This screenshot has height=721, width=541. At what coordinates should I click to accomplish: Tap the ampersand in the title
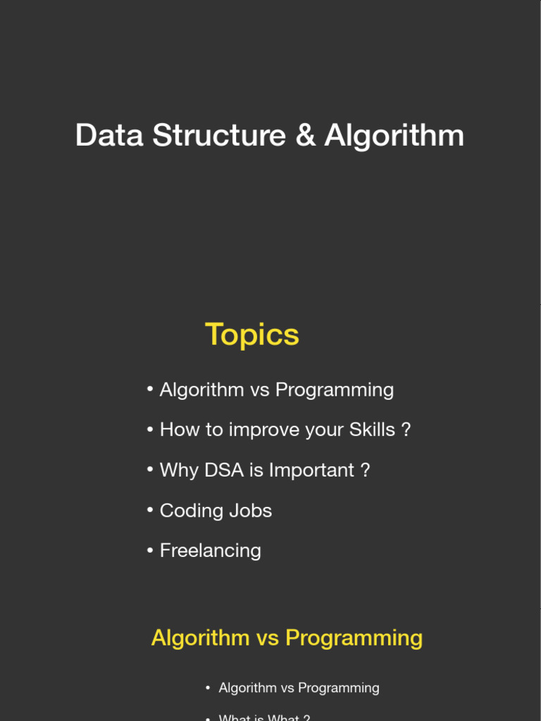306,135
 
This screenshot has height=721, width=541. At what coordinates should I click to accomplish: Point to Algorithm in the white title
394,135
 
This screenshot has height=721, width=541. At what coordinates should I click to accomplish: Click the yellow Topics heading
252,334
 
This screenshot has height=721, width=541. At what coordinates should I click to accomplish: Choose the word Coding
186,510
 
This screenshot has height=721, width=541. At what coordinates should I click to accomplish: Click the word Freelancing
210,551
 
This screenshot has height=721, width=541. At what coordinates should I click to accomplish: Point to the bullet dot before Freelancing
150,551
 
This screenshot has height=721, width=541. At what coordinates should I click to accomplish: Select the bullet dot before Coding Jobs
150,510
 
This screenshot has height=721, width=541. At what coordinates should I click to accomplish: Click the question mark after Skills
406,430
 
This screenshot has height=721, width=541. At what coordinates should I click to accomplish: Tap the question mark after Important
365,470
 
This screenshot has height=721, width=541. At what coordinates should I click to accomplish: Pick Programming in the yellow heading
354,638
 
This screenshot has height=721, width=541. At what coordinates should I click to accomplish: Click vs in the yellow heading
268,638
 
